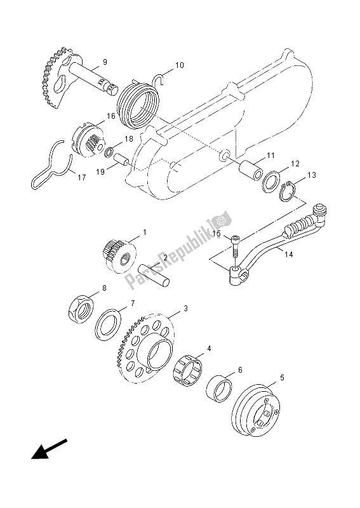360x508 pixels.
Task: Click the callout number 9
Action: tap(105, 62)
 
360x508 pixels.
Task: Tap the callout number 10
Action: tap(179, 65)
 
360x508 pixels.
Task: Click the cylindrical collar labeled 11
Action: tap(252, 172)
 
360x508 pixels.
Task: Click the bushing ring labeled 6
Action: tap(219, 387)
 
